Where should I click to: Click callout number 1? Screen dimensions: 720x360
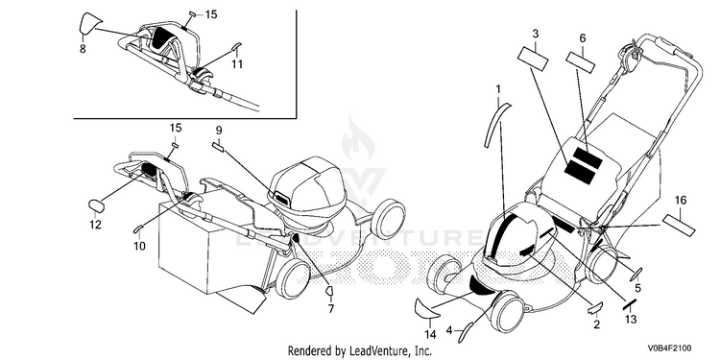click(x=498, y=87)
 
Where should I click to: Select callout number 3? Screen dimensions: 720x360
click(x=535, y=34)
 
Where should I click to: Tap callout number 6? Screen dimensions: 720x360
click(x=583, y=38)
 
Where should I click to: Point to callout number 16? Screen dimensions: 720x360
click(x=681, y=201)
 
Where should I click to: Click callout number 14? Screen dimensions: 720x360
click(x=430, y=335)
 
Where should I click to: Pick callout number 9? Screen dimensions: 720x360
click(x=219, y=130)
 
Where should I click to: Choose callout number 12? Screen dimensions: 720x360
click(x=95, y=225)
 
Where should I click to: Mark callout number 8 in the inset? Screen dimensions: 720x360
click(x=83, y=48)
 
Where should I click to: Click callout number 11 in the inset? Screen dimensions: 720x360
click(x=236, y=63)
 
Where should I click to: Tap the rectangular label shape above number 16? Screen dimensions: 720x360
click(x=678, y=226)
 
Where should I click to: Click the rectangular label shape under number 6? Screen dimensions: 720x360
click(x=581, y=62)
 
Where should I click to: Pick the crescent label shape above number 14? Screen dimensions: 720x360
click(x=427, y=308)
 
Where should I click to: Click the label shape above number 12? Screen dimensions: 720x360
click(x=96, y=205)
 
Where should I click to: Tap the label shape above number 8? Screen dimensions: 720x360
click(x=89, y=23)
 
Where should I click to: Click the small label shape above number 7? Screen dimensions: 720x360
click(x=328, y=290)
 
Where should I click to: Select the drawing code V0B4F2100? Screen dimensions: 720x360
click(x=669, y=348)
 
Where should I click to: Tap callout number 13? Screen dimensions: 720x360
click(x=631, y=319)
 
